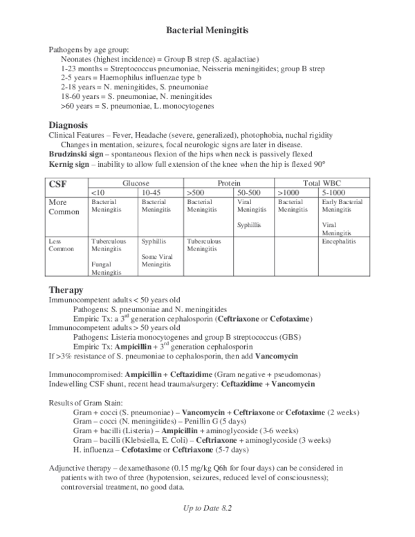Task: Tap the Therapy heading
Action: point(66,289)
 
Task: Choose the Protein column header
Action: point(229,181)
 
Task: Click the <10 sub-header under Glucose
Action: point(98,191)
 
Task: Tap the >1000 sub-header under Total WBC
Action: point(288,191)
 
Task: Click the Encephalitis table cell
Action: point(340,244)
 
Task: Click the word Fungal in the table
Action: point(102,264)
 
